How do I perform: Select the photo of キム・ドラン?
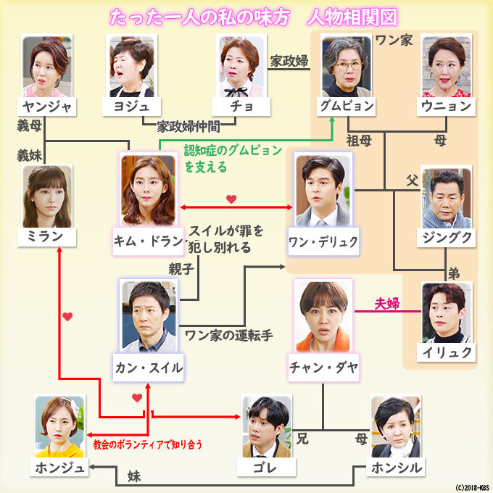point(148,189)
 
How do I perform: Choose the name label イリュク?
point(447,353)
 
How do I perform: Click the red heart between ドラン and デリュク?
point(231,198)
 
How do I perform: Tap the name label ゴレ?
point(267,468)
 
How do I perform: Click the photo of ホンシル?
point(396,427)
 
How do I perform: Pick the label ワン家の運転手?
point(228,336)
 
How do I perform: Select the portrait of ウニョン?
point(447,65)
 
